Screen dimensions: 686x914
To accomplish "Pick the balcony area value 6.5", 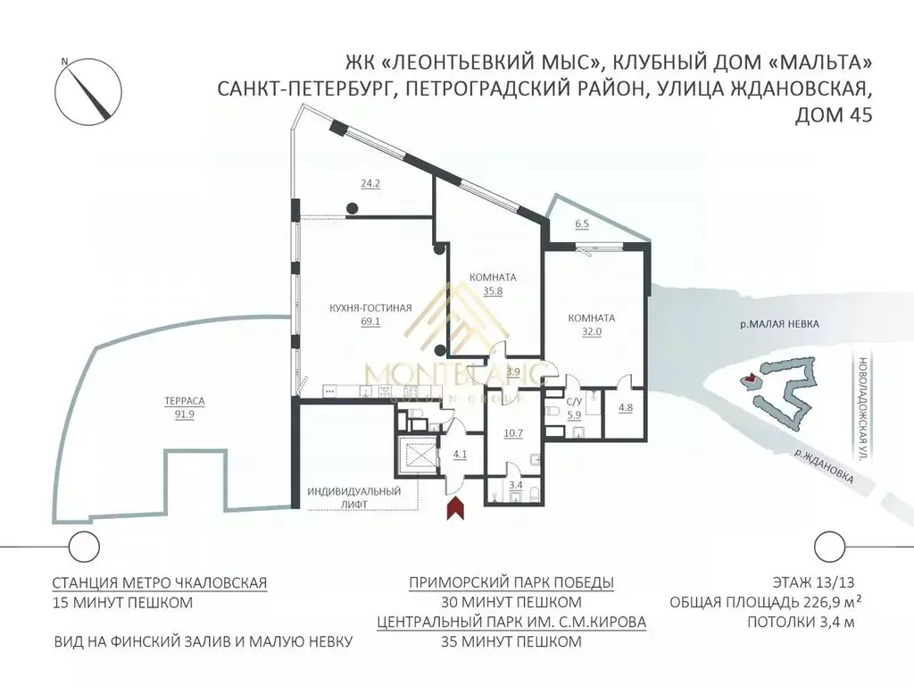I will [x=583, y=223].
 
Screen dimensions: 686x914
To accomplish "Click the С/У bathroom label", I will [x=576, y=403].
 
